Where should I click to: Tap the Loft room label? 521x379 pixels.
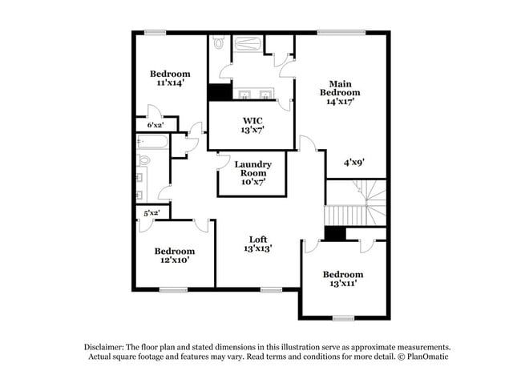(257, 239)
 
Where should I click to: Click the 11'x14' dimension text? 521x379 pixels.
(171, 83)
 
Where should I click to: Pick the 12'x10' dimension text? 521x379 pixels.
(174, 260)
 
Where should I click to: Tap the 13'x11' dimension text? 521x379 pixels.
(341, 284)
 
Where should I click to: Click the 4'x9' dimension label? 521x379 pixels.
(354, 162)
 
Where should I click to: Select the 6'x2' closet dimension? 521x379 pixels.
(155, 125)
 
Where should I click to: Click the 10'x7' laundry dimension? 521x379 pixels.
(252, 182)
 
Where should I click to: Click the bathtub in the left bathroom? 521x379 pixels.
(152, 142)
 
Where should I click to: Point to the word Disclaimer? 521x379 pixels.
(107, 346)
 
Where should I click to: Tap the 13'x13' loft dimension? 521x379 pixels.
(257, 249)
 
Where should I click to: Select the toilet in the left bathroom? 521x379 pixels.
(143, 161)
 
